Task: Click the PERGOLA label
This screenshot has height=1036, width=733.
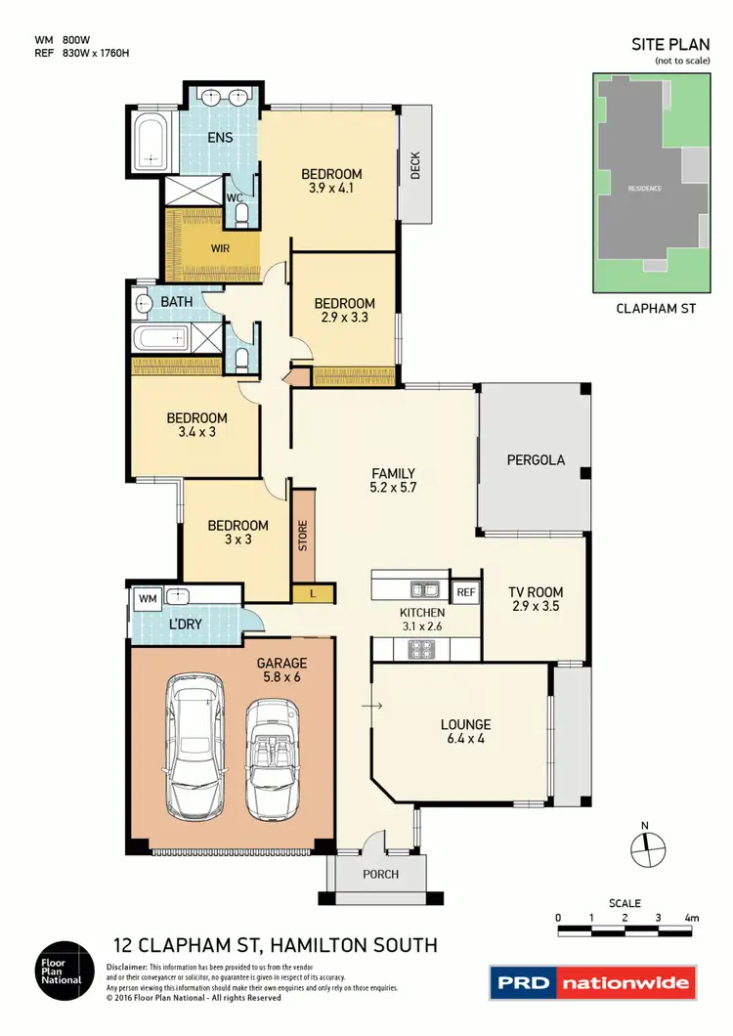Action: click(536, 459)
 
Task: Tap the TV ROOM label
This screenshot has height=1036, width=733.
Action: click(536, 599)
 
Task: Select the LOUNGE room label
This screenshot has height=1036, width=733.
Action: click(465, 732)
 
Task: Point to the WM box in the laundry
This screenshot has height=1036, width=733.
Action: click(149, 596)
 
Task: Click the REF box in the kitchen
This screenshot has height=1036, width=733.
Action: click(465, 592)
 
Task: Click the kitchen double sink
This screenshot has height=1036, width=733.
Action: click(423, 589)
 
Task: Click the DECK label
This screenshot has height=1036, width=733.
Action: click(415, 169)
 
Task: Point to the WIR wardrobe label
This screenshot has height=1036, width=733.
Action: click(221, 247)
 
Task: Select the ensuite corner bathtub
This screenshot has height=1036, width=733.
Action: click(151, 142)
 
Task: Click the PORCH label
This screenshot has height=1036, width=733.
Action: click(381, 874)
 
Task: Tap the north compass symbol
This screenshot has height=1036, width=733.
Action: click(645, 846)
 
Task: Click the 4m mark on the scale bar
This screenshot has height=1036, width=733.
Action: click(692, 918)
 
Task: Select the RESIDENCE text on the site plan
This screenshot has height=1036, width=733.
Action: click(644, 188)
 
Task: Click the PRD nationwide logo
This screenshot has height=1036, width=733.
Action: click(593, 983)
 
